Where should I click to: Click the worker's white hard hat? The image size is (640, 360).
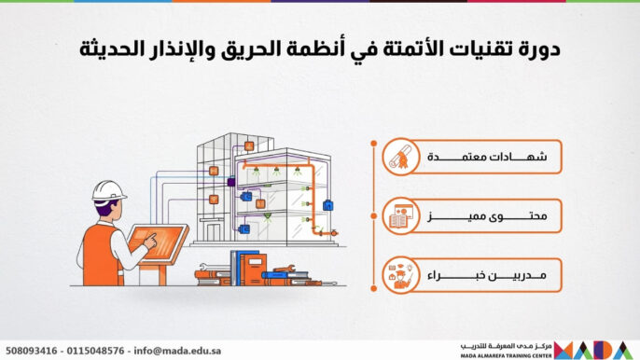pyautogui.click(x=108, y=191)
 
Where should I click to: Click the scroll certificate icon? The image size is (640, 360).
pyautogui.click(x=401, y=159)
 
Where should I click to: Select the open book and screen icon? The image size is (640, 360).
pyautogui.click(x=401, y=217)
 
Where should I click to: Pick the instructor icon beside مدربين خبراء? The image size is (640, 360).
pyautogui.click(x=401, y=277)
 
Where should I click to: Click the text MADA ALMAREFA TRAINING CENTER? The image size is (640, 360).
pyautogui.click(x=508, y=354)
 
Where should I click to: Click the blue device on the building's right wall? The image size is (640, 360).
pyautogui.click(x=327, y=204)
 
